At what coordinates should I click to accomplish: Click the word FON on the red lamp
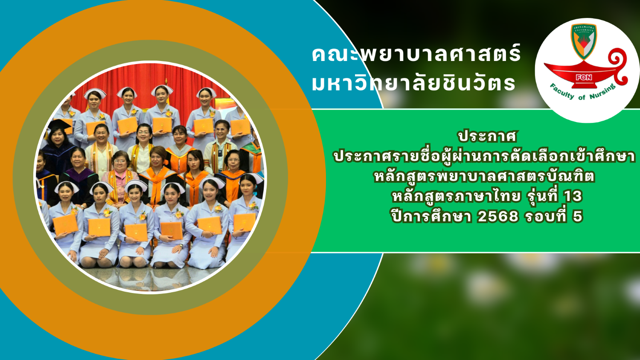[584, 78]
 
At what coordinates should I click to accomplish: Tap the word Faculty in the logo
[562, 91]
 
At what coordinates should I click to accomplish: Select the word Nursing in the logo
[602, 91]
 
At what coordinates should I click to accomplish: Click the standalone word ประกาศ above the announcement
[487, 136]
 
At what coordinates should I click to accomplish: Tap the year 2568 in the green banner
[498, 216]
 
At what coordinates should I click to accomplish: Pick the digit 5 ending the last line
[577, 216]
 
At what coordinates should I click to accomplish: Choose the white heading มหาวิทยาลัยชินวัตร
[413, 83]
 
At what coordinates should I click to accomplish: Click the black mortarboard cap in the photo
[59, 124]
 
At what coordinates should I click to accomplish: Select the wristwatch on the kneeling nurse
[181, 245]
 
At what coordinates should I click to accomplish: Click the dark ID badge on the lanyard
[220, 153]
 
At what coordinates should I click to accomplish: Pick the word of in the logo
[582, 97]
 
